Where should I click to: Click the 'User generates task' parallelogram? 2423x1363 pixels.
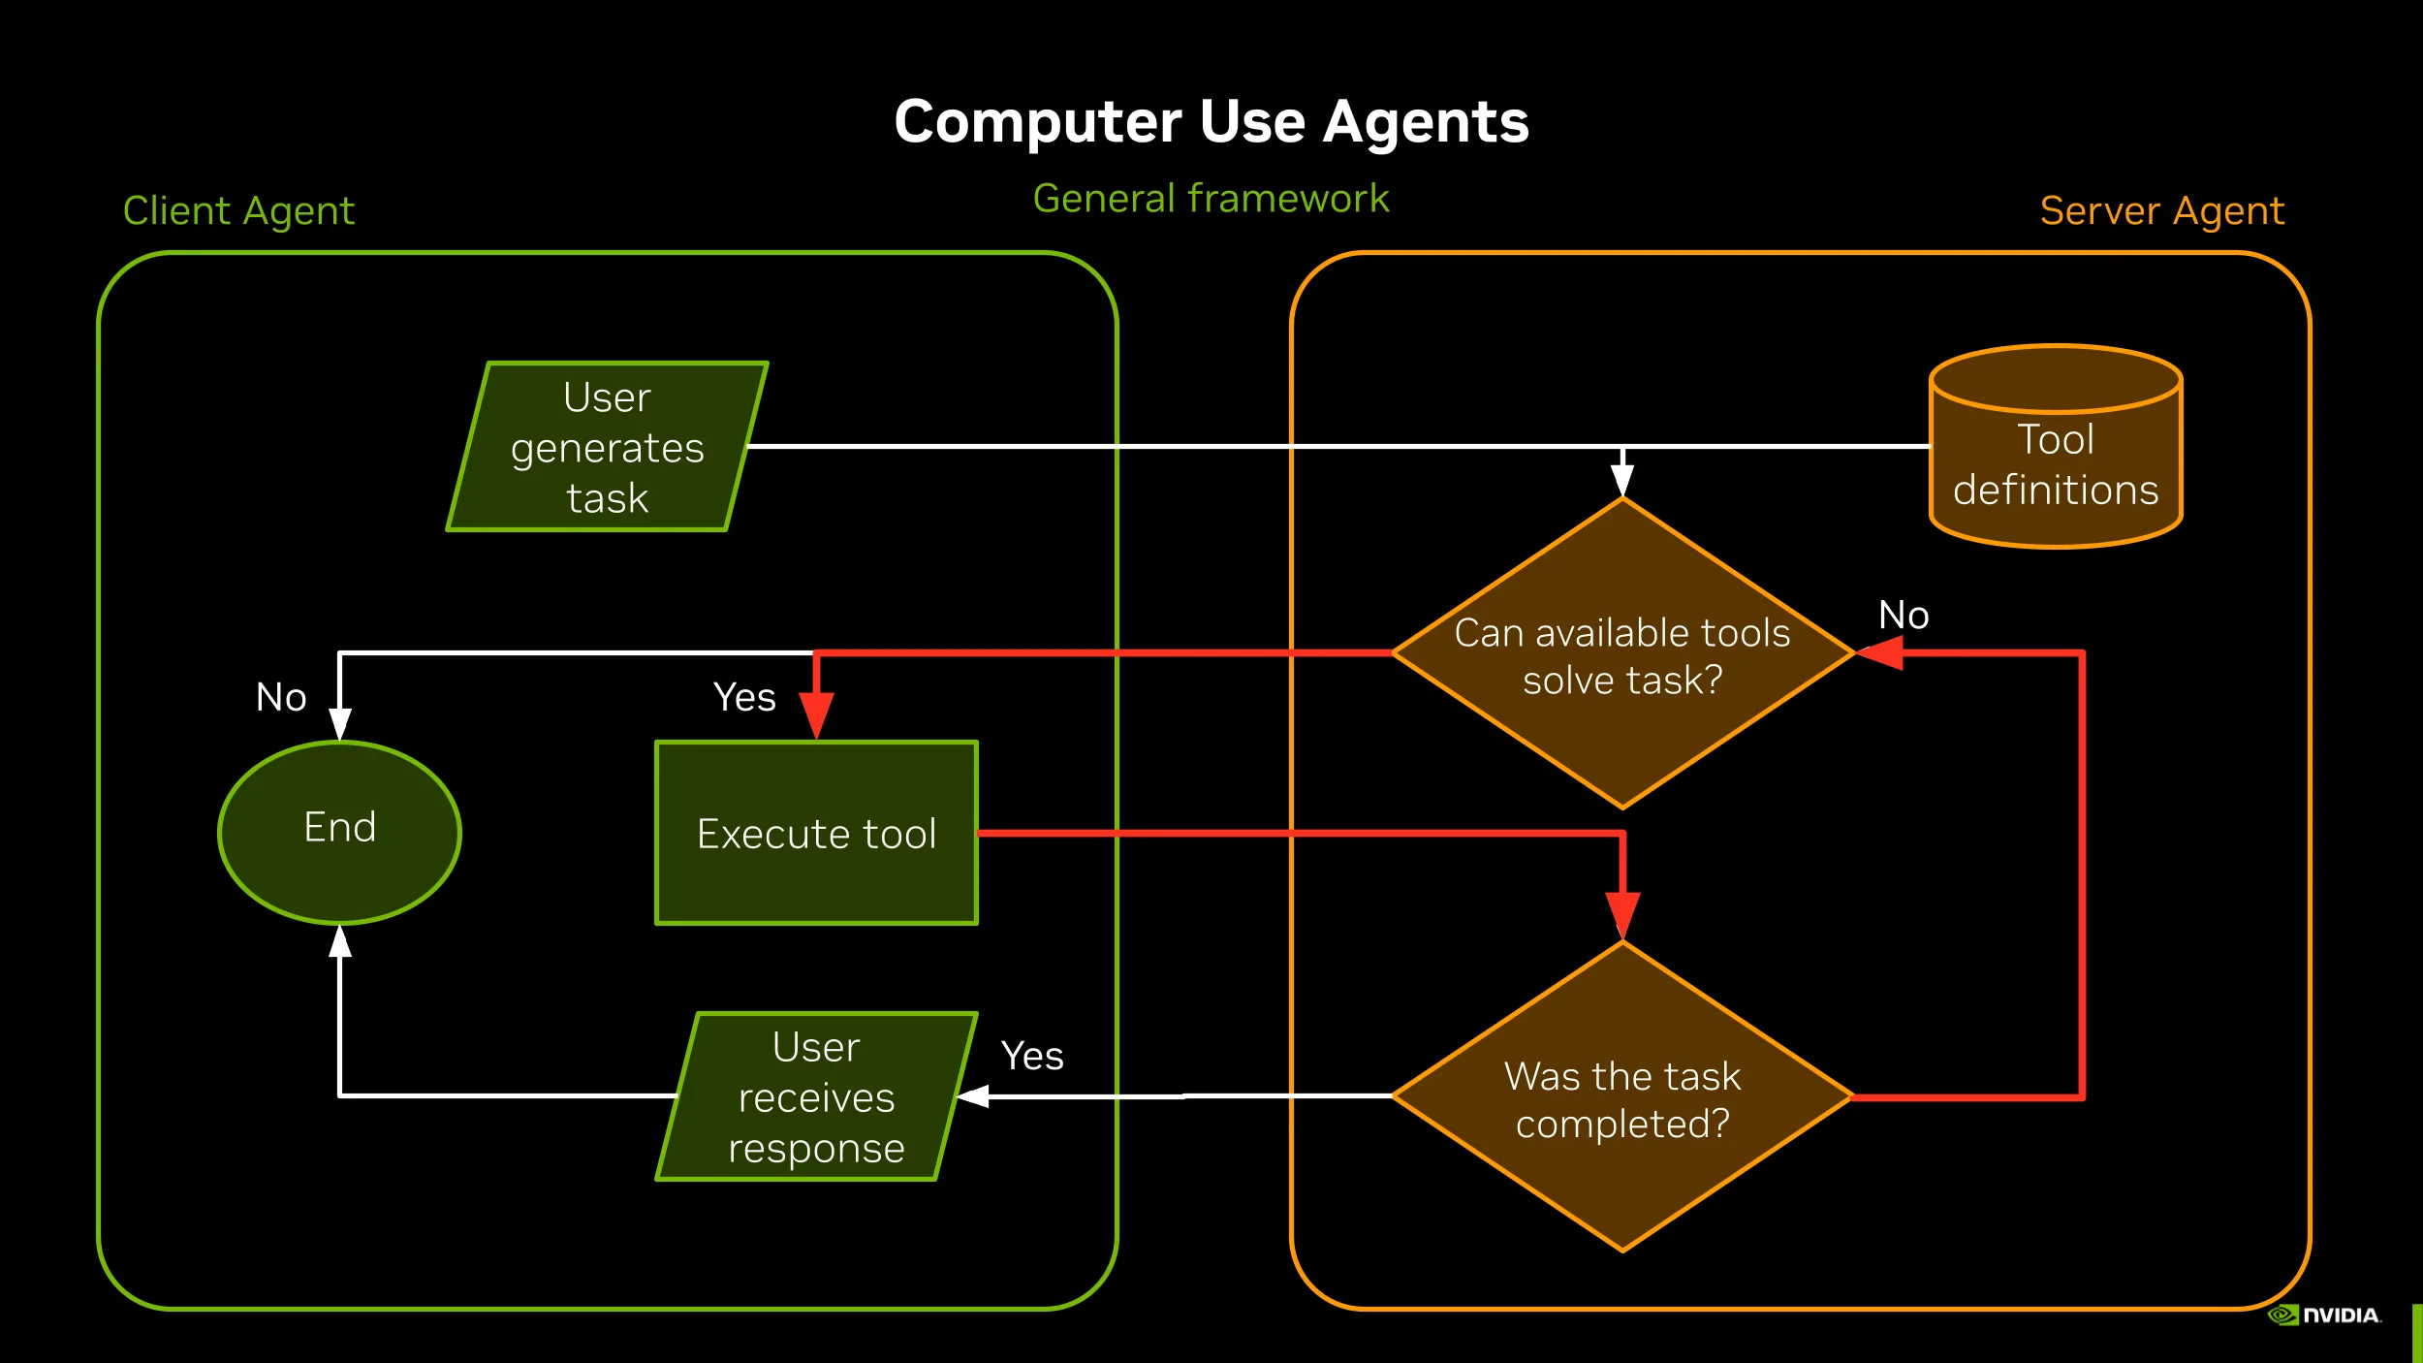coord(608,447)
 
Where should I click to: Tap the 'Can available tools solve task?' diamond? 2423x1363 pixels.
coord(1622,654)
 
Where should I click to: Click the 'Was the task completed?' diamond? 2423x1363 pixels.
coord(1622,1098)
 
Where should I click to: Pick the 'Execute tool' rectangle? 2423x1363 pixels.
coord(816,833)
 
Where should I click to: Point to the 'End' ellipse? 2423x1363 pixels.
coord(339,831)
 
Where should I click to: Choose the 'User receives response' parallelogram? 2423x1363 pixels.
coord(816,1097)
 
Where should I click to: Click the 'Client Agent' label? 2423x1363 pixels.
coord(238,210)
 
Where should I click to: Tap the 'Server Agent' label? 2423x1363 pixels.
coord(2161,210)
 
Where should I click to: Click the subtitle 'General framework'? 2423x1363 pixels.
coord(1211,198)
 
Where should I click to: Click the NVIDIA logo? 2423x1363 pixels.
coord(2324,1315)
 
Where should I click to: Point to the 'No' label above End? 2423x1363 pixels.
coord(281,697)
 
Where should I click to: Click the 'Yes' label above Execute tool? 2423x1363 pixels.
coord(744,697)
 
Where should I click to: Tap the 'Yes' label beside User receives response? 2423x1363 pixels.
coord(1032,1056)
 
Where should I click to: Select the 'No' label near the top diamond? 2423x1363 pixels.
coord(1904,615)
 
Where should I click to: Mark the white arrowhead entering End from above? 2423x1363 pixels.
coord(339,723)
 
